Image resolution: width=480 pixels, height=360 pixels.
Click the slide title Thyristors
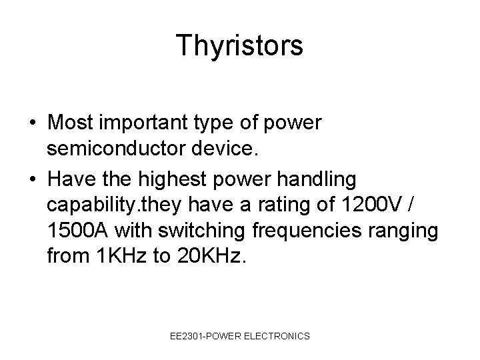point(240,46)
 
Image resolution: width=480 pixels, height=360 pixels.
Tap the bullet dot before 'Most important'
point(33,124)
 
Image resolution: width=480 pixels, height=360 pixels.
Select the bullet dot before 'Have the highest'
point(33,179)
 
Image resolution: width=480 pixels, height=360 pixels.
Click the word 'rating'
point(273,205)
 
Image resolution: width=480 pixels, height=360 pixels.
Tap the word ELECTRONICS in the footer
point(279,336)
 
